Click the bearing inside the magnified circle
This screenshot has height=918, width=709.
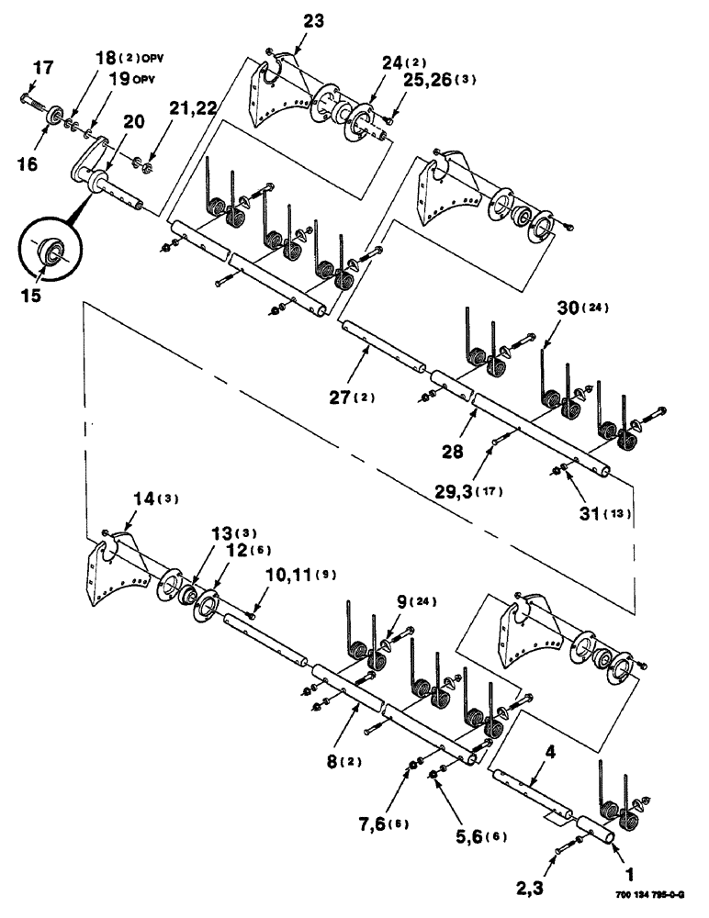49,250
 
